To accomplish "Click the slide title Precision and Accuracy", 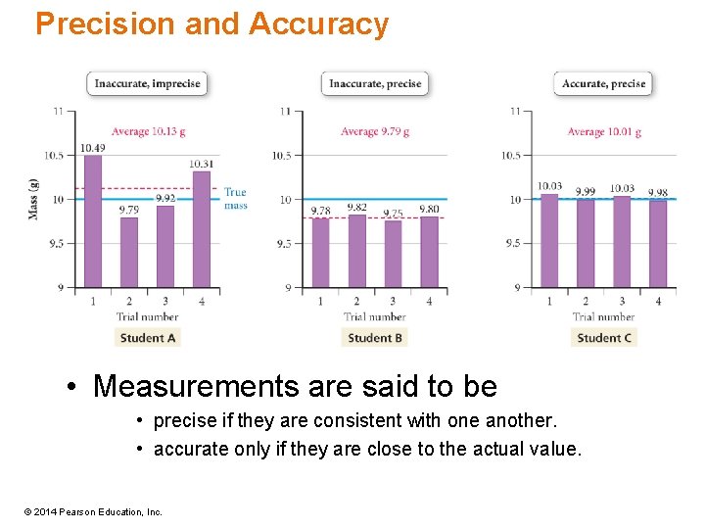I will (x=211, y=24).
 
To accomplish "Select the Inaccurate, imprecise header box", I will (x=147, y=83).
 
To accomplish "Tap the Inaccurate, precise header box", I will (x=375, y=83).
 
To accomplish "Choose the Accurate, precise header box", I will (x=604, y=83).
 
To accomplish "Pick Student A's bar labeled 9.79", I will (x=129, y=253).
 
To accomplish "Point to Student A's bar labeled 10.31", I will (x=201, y=230).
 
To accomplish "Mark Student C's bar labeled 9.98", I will (x=658, y=244).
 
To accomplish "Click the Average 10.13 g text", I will (x=148, y=131).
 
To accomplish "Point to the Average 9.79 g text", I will (x=375, y=131).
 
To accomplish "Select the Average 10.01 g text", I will (x=604, y=131).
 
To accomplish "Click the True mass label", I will (x=235, y=198).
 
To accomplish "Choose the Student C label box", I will (x=604, y=338).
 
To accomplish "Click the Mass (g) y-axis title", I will (x=34, y=200).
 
